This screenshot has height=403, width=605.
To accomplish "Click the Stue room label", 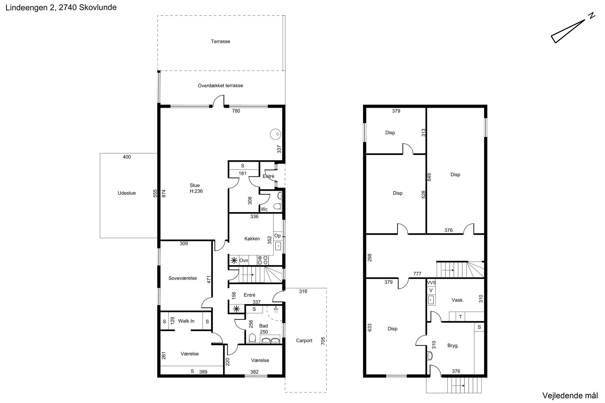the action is pyautogui.click(x=195, y=185).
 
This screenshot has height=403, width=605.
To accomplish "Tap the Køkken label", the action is pyautogui.click(x=252, y=239).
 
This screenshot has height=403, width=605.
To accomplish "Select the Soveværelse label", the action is pyautogui.click(x=183, y=278).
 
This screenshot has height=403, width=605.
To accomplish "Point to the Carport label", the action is pyautogui.click(x=304, y=340).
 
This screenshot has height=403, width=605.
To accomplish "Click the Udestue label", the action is pyautogui.click(x=127, y=193).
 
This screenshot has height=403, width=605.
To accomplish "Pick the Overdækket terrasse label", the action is pyautogui.click(x=220, y=86).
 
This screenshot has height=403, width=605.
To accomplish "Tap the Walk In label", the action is pyautogui.click(x=186, y=321).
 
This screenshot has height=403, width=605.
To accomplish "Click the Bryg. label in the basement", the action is pyautogui.click(x=453, y=346).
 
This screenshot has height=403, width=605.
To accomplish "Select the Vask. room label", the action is pyautogui.click(x=458, y=300).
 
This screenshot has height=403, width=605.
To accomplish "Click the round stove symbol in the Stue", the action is pyautogui.click(x=275, y=134).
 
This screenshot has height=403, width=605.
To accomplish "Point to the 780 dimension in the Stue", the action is pyautogui.click(x=236, y=111).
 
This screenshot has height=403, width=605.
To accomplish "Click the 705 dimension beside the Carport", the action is pyautogui.click(x=323, y=341).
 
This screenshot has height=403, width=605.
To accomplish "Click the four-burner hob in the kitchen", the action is pyautogui.click(x=262, y=260).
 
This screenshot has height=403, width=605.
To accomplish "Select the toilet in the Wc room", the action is pyautogui.click(x=277, y=206).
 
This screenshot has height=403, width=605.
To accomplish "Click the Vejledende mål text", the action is pyautogui.click(x=570, y=395).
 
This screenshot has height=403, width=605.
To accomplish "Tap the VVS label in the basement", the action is pyautogui.click(x=431, y=283).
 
